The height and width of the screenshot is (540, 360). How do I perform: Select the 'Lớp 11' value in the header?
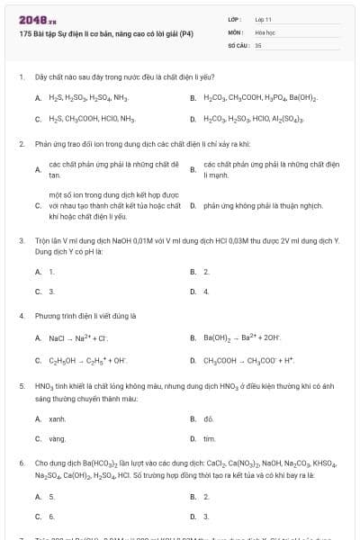coord(263,19)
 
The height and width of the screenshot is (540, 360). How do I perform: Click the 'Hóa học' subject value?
coord(265,31)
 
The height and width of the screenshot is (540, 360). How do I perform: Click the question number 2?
coord(21,144)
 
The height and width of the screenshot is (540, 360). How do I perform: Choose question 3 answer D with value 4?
coord(206,292)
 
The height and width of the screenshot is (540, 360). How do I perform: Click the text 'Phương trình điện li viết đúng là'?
coord(85,316)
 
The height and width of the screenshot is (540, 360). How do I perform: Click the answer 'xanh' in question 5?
coord(58,419)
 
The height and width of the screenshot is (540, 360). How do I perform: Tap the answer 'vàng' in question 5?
coord(58,438)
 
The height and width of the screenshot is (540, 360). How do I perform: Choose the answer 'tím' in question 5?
coord(209,438)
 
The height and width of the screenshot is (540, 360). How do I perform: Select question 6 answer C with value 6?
coord(52,517)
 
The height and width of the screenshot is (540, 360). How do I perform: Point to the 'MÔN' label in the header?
coord(236,31)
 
